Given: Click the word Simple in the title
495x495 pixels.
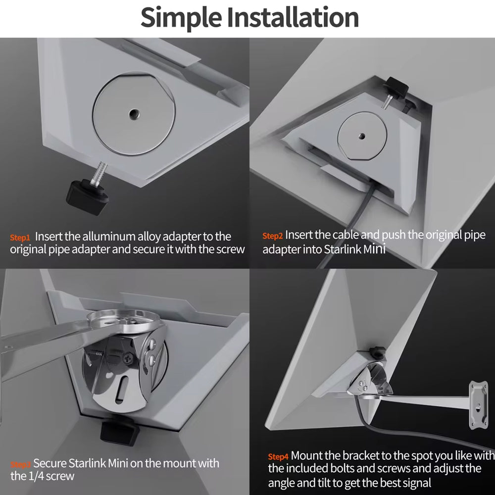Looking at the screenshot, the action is coord(181,18).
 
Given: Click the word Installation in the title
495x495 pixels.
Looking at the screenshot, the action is coord(293,17).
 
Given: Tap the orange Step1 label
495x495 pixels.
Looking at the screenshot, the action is coord(20,238).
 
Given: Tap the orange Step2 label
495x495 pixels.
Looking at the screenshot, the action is coord(272,236).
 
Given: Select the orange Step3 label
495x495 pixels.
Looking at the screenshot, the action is coord(20,464).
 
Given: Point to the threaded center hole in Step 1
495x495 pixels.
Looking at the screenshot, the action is coord(134,113).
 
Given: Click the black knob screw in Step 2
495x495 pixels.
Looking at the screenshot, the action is coord(396,86).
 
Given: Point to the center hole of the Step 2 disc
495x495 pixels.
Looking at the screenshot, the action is coord(362,137).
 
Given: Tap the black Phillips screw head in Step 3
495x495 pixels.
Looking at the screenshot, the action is coord(128,358).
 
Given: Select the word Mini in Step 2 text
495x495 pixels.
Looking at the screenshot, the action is coord(374,249).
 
